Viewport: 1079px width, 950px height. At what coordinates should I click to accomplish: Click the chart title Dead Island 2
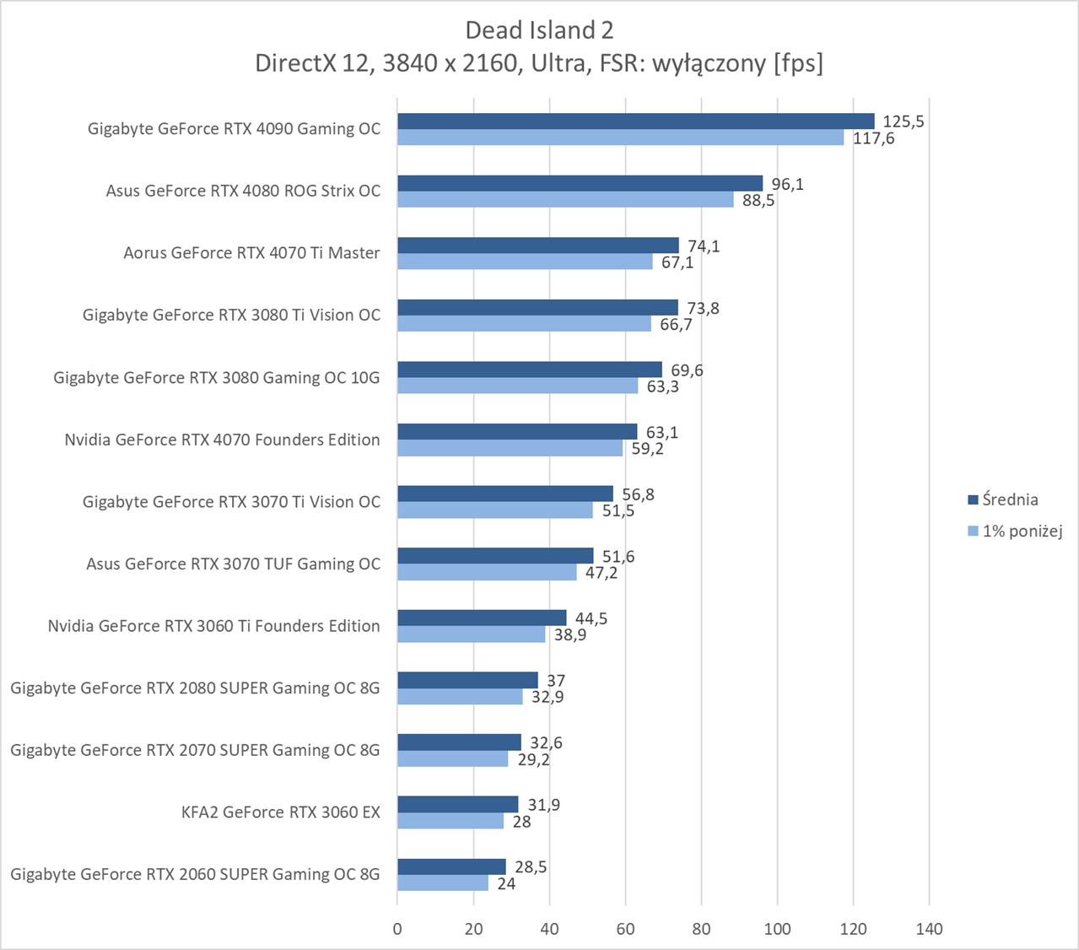[x=539, y=30]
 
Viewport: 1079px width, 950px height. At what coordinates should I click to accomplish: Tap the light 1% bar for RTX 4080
[x=565, y=200]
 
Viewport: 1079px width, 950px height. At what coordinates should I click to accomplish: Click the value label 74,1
[x=704, y=246]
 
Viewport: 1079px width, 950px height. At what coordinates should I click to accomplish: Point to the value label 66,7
[x=676, y=325]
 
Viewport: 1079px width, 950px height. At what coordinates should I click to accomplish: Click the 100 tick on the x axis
[x=777, y=929]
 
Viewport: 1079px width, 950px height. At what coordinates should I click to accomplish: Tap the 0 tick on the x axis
[x=397, y=929]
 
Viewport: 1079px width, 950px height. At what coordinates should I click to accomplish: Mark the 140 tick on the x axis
[x=929, y=929]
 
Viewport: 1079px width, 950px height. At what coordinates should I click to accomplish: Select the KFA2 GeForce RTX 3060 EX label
[x=280, y=812]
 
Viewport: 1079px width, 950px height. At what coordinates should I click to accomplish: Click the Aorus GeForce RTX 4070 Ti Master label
[x=251, y=253]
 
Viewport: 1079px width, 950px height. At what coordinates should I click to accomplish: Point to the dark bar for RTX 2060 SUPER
[x=451, y=866]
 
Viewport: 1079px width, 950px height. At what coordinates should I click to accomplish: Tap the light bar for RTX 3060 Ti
[x=471, y=634]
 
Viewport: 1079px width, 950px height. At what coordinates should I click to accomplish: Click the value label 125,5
[x=903, y=121]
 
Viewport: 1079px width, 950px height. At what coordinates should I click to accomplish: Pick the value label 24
[x=506, y=883]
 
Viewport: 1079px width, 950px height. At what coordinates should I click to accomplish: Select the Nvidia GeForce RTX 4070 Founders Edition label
[x=222, y=440]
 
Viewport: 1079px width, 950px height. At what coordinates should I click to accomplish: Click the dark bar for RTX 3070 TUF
[x=495, y=556]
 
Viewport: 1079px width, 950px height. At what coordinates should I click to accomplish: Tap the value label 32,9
[x=548, y=697]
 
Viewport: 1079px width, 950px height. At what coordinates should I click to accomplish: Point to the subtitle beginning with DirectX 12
[x=539, y=63]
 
